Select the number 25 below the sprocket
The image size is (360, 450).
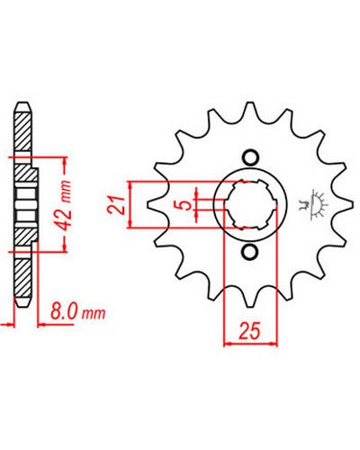(249, 331)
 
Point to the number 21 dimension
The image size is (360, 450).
(117, 205)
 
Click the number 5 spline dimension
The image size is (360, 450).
(186, 205)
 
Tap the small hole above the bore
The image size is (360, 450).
(250, 157)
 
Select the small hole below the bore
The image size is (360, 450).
(250, 252)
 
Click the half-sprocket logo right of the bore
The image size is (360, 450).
(313, 205)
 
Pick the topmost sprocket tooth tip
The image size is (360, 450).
(250, 103)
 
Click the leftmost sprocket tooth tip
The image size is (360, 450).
(149, 205)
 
